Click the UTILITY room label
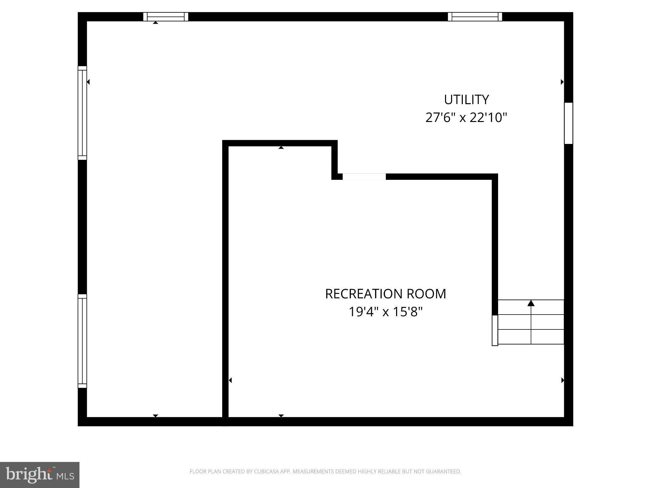[466, 100]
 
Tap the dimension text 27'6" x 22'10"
[466, 118]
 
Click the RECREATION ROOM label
[385, 294]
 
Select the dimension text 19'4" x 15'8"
[385, 312]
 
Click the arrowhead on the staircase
[531, 303]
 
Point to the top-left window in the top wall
[166, 17]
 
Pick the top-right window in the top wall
[475, 17]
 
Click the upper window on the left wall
[82, 113]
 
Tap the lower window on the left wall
[82, 341]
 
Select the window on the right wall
[568, 123]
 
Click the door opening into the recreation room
[364, 177]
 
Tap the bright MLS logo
[40, 475]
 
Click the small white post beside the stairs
[495, 330]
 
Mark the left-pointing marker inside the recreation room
[230, 380]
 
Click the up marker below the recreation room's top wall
[281, 148]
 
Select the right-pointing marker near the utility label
[562, 82]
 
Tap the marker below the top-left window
[155, 23]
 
